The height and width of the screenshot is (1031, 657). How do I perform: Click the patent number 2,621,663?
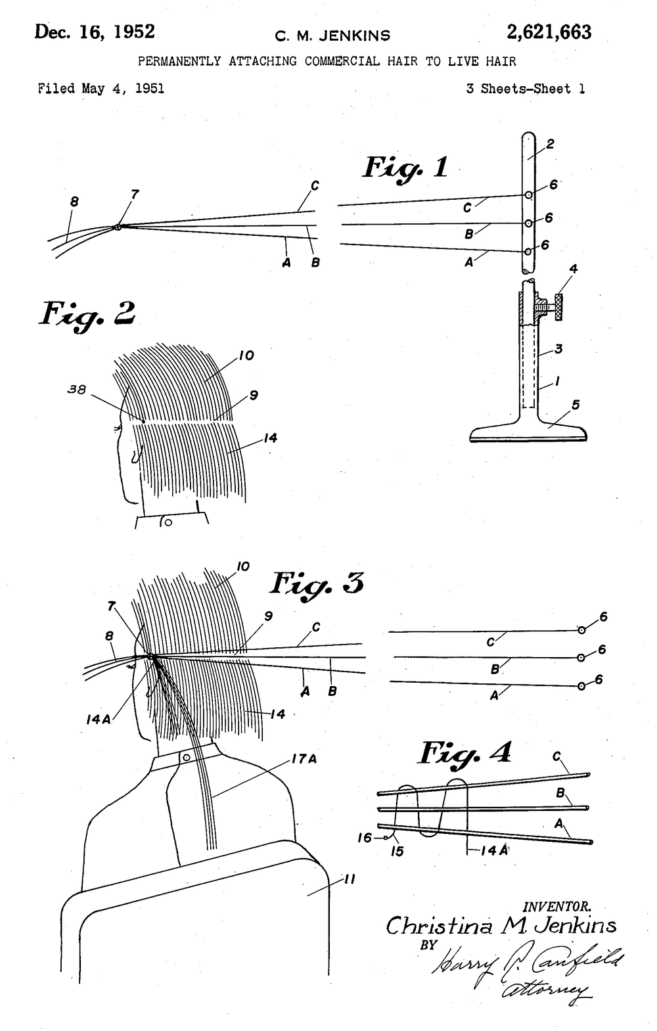(549, 32)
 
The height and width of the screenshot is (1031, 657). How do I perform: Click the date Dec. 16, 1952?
(95, 32)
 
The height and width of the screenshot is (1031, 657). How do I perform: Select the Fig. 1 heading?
(405, 168)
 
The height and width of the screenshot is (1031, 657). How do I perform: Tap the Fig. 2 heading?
(87, 315)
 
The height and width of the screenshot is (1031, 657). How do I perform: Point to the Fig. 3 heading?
(318, 584)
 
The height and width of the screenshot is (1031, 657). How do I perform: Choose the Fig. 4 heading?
(465, 753)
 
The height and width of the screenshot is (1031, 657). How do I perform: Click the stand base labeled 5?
(528, 432)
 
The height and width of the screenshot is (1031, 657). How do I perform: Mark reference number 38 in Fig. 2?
(77, 390)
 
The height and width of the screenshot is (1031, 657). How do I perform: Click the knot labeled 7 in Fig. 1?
(118, 227)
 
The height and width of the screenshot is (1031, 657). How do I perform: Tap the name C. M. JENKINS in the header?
(332, 36)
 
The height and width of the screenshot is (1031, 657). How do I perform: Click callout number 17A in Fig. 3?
(304, 760)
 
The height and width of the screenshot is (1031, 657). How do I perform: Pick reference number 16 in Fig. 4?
(365, 838)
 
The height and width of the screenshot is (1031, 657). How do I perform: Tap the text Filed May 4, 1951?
(101, 88)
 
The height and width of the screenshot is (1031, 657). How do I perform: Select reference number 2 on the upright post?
(550, 144)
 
